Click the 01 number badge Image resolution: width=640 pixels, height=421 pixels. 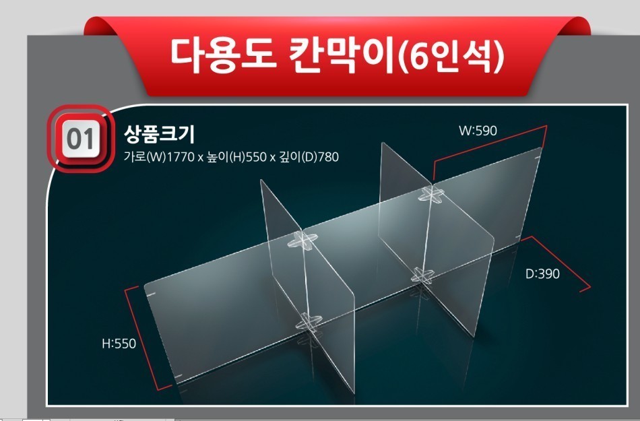(x=81, y=139)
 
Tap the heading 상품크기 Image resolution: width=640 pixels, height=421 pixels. (x=159, y=134)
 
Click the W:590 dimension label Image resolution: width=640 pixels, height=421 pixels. (x=478, y=131)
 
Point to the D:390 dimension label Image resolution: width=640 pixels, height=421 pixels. (x=542, y=273)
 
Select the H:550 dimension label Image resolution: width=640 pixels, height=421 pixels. (x=119, y=344)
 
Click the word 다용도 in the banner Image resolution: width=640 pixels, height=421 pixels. (x=223, y=55)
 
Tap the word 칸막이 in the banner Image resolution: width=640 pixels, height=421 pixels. (x=343, y=55)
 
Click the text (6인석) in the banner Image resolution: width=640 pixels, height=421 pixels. (x=451, y=57)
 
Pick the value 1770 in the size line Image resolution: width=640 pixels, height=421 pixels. (x=181, y=157)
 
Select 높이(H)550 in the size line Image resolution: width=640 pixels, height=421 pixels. (x=236, y=157)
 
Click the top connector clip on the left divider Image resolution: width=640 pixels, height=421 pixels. (x=302, y=240)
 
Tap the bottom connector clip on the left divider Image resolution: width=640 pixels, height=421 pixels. (x=308, y=323)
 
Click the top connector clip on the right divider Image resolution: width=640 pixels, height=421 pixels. (x=431, y=194)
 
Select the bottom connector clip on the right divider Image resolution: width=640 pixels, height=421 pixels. (x=422, y=276)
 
